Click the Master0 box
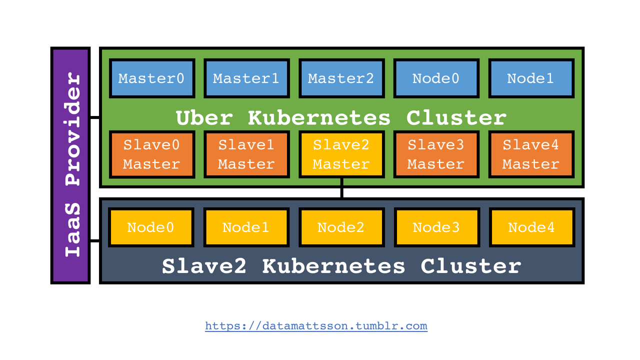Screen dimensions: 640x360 pos(152,78)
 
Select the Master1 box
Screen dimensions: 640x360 pos(246,78)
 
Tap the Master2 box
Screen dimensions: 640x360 pos(341,78)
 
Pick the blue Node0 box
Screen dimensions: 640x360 pos(436,78)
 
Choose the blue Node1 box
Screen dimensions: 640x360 pos(531,78)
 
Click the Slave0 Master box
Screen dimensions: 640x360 pos(152,154)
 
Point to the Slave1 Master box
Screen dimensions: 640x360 pos(246,154)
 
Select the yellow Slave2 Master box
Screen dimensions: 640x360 pos(341,154)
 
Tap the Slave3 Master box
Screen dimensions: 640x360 pos(436,154)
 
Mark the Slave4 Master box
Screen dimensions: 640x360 pos(531,154)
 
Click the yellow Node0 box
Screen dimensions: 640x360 pos(151,227)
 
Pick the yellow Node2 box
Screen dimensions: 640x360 pos(341,227)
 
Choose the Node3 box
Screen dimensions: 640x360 pos(437,227)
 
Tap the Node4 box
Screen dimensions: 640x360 pos(532,227)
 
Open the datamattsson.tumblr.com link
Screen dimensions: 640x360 pos(316,326)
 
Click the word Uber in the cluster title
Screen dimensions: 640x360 pos(204,117)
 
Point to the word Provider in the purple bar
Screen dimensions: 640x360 pos(72,128)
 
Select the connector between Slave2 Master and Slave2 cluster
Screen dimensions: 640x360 pos(341,188)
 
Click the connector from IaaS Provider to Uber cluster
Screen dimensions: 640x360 pos(94,117)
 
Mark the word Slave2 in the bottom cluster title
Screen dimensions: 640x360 pos(204,266)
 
